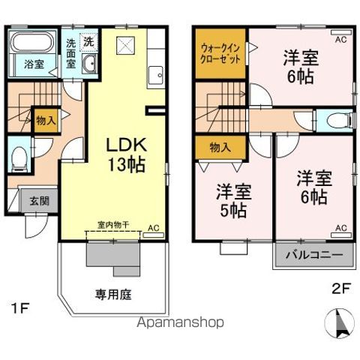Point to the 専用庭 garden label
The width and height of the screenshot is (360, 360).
tap(112, 295)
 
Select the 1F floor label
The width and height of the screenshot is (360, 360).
tap(22, 307)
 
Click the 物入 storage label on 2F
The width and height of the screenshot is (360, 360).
tap(219, 148)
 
